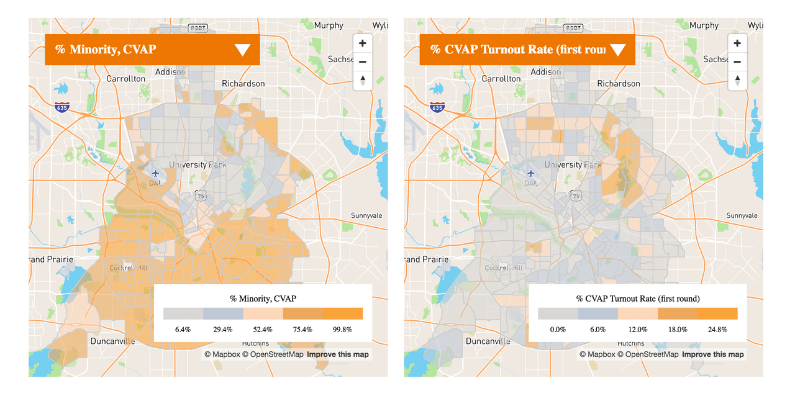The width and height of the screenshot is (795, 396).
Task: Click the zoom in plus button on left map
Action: (362, 43)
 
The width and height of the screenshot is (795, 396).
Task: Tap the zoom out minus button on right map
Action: (737, 62)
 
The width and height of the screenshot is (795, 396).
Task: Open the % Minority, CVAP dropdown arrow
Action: (242, 50)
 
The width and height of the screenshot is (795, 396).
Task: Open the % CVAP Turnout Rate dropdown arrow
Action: (617, 50)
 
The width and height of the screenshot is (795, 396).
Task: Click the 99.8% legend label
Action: (342, 330)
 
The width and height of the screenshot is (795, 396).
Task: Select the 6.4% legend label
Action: (183, 330)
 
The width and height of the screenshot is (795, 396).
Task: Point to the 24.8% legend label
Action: (717, 330)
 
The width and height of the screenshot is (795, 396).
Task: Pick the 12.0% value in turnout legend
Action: (638, 330)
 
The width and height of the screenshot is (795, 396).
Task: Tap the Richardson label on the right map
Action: (618, 84)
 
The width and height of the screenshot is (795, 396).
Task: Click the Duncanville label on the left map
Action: (112, 341)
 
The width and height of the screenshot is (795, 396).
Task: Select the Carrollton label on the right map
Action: (501, 79)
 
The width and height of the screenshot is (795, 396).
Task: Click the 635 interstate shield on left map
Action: (62, 107)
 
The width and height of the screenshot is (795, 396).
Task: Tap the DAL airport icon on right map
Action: (530, 173)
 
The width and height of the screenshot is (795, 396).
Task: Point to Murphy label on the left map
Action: (329, 25)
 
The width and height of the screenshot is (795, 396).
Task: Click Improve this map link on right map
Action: (712, 354)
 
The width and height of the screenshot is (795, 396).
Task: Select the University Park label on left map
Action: (198, 164)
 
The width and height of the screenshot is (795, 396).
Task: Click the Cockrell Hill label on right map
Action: (504, 268)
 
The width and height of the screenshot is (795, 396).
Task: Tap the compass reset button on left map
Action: (362, 81)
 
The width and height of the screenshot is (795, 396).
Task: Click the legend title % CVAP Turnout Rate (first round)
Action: (638, 299)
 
